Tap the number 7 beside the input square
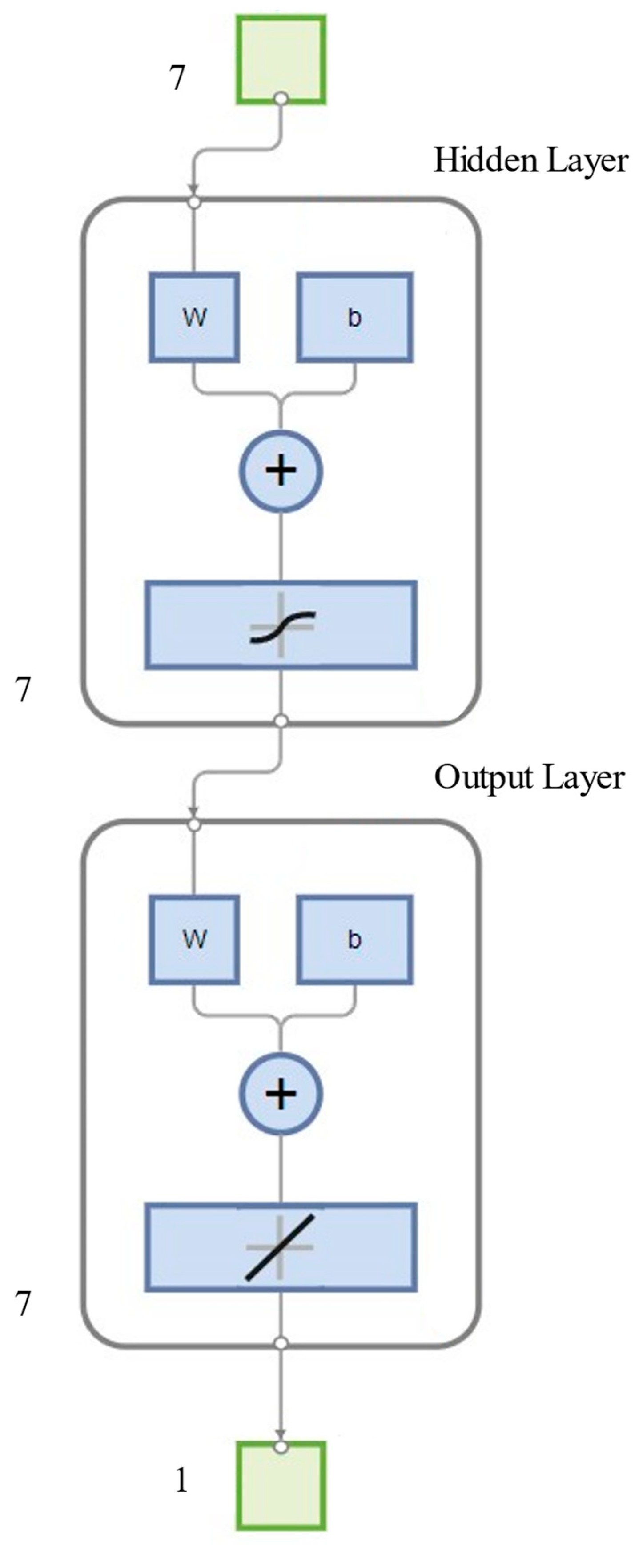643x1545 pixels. coord(177,78)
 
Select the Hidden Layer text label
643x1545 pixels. coord(531,161)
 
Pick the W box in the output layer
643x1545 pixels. coord(194,939)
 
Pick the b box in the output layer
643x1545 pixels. coord(355,939)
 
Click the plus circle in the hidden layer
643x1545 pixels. coord(281,471)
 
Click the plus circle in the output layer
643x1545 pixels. coord(281,1093)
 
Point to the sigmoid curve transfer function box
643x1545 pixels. coord(281,625)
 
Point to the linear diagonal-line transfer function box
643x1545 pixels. coord(281,1247)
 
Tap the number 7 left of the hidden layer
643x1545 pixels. coord(23,690)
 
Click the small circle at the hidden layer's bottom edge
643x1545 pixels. coord(281,721)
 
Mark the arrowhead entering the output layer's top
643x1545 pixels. coord(193,812)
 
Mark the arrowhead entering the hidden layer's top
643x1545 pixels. coord(193,190)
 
